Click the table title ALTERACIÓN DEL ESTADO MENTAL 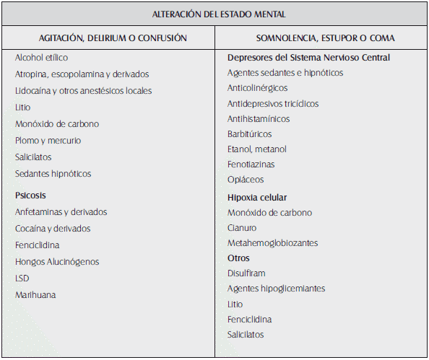[x=214, y=14]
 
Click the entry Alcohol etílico [x=41, y=58]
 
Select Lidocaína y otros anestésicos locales [x=83, y=91]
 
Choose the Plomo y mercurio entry [x=48, y=141]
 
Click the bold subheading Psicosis [x=31, y=196]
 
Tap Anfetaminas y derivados [x=61, y=212]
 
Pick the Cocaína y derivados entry [x=53, y=229]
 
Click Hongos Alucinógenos [x=57, y=262]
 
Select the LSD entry [x=22, y=278]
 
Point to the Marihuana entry [x=35, y=295]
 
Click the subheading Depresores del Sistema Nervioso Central [x=308, y=58]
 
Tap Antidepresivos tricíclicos [x=272, y=104]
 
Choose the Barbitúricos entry [x=251, y=134]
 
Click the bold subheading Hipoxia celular [x=257, y=197]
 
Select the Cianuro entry [x=242, y=228]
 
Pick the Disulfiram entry [x=246, y=273]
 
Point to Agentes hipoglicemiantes [x=276, y=289]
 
